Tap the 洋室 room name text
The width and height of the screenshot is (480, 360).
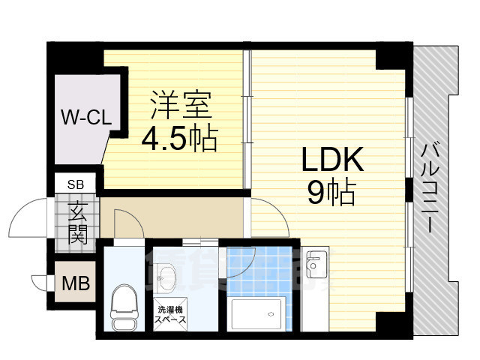pos(180,105)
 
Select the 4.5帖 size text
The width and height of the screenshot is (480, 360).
pos(180,138)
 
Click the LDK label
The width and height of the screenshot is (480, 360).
pos(332,160)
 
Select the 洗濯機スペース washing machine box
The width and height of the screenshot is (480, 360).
pos(171,315)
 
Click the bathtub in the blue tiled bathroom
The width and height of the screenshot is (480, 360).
pos(259,313)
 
